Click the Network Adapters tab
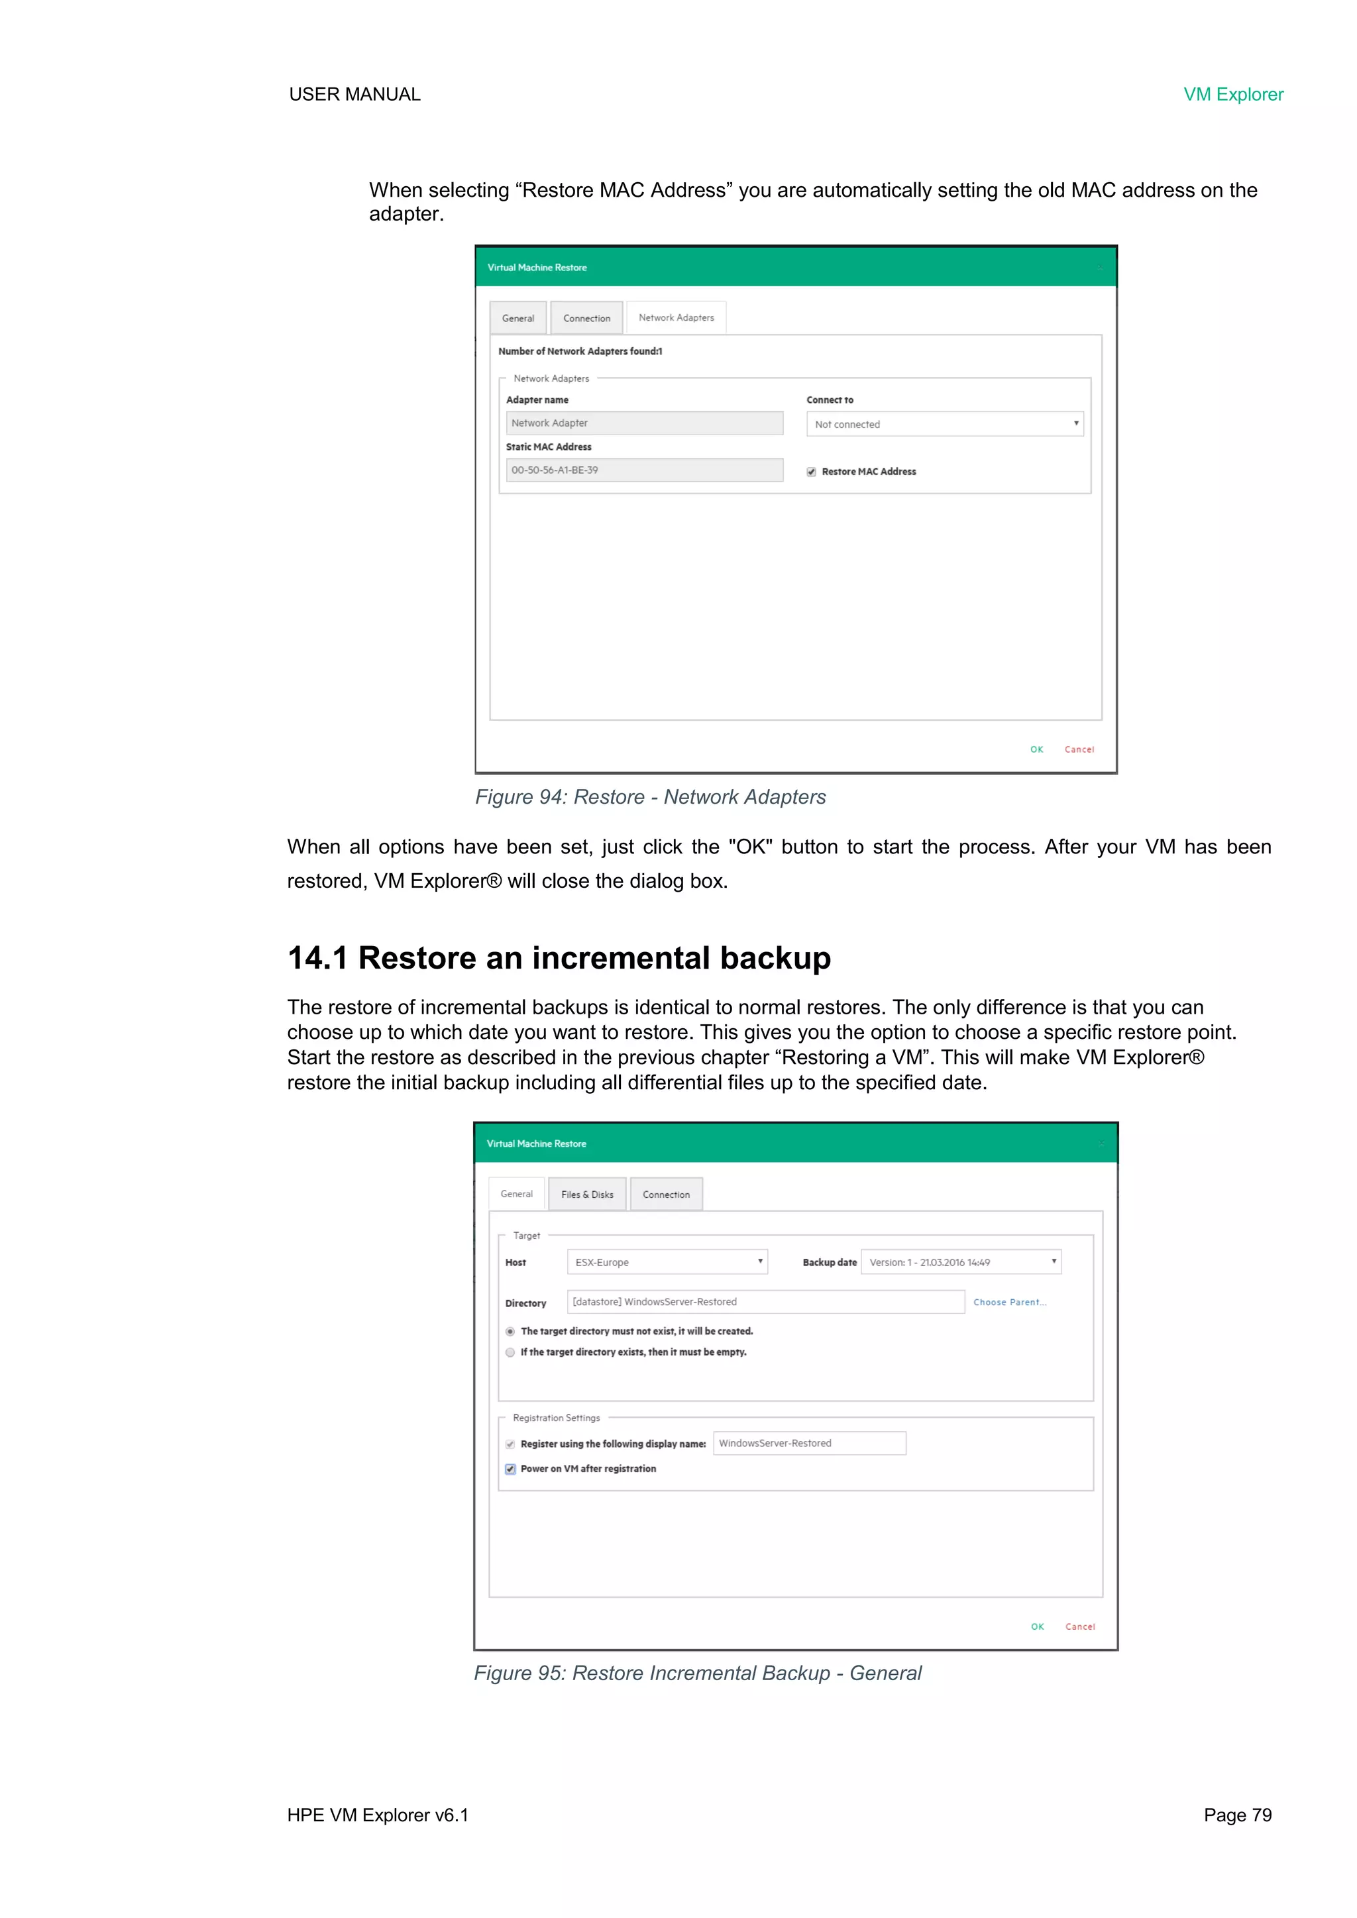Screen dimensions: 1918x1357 click(x=676, y=317)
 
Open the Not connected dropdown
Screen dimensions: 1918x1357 click(x=944, y=423)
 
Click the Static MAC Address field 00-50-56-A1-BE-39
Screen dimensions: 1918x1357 click(x=644, y=470)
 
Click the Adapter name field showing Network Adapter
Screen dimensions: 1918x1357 click(x=644, y=423)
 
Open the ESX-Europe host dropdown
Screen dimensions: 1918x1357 click(x=667, y=1261)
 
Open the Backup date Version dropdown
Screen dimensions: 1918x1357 click(x=961, y=1261)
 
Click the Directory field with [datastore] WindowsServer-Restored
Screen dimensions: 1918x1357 click(x=765, y=1301)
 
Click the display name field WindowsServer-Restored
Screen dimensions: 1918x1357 click(x=809, y=1443)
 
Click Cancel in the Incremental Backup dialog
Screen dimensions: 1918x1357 click(x=1079, y=1626)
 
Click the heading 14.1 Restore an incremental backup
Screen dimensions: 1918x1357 click(x=559, y=957)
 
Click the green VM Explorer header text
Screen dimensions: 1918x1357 click(x=1232, y=94)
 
